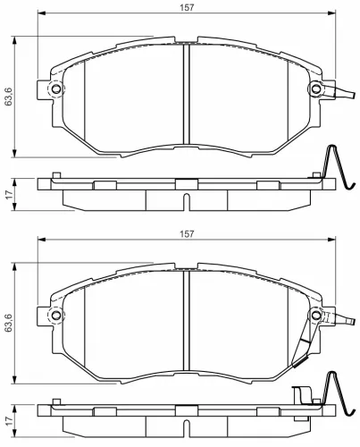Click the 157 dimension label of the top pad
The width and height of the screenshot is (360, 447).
pyautogui.click(x=187, y=7)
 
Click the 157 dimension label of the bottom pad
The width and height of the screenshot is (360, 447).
pyautogui.click(x=187, y=234)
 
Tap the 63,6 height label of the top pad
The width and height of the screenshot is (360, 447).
pyautogui.click(x=8, y=97)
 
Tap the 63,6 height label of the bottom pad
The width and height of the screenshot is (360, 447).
pyautogui.click(x=8, y=323)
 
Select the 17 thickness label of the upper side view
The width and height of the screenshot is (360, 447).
pyautogui.click(x=10, y=195)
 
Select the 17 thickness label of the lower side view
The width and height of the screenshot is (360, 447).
pyautogui.click(x=10, y=421)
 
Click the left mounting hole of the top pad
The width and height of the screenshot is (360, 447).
pyautogui.click(x=55, y=89)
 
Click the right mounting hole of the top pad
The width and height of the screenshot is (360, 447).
pyautogui.click(x=315, y=89)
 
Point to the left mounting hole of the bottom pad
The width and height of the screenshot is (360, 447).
pyautogui.click(x=55, y=315)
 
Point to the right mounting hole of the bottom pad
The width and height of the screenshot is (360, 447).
pyautogui.click(x=315, y=315)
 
